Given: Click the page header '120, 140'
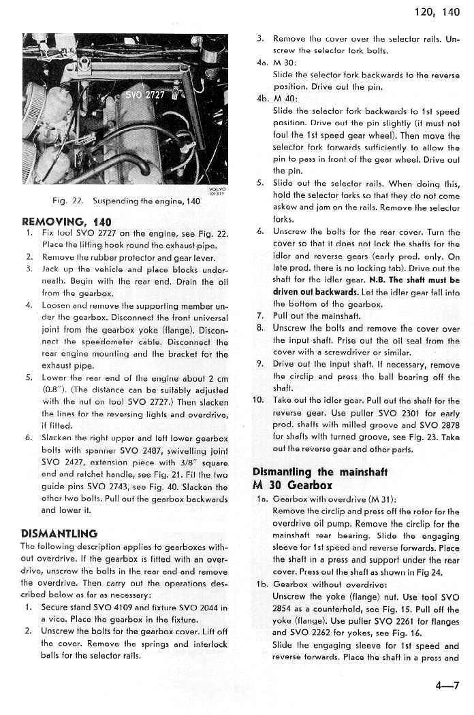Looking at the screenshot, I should (437, 12).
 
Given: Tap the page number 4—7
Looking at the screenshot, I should (447, 686).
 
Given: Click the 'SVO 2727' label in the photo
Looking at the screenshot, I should (144, 95).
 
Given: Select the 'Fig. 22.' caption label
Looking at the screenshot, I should (65, 201).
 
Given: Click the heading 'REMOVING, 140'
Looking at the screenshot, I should (66, 221).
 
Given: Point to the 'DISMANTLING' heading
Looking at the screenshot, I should (59, 533).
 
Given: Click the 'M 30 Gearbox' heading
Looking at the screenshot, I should (292, 485).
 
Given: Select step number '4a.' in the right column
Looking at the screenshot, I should (263, 62).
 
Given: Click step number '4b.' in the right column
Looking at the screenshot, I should (263, 98).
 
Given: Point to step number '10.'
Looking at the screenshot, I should (259, 400).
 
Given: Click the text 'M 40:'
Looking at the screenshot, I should (283, 98).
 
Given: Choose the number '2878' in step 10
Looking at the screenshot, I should (449, 425).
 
